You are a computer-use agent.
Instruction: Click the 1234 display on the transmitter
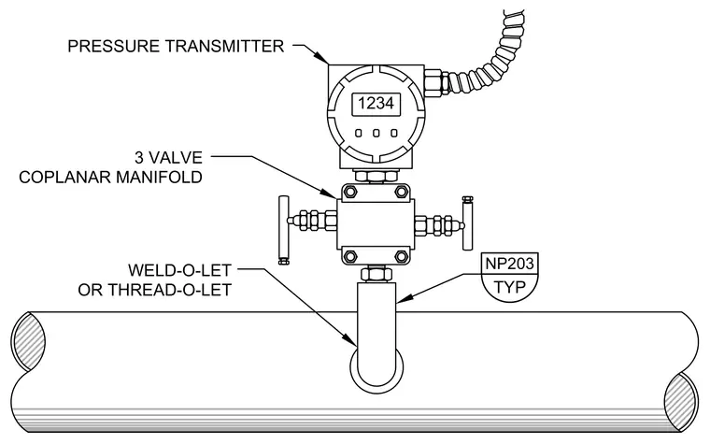click(x=376, y=104)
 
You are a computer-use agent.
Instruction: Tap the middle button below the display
click(x=376, y=133)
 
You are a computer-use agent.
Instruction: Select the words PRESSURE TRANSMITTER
click(x=176, y=46)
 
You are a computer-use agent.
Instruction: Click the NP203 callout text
click(x=509, y=264)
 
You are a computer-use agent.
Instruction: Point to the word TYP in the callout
click(x=509, y=287)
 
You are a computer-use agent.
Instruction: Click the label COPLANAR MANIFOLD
click(x=110, y=178)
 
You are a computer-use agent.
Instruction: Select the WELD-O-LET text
click(x=179, y=270)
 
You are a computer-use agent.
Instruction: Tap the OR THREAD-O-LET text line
click(x=155, y=290)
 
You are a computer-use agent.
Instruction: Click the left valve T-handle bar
click(x=283, y=230)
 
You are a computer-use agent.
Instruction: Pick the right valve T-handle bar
click(x=467, y=222)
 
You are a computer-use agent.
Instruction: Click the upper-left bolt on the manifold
click(x=350, y=192)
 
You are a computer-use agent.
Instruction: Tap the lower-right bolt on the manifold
click(x=402, y=257)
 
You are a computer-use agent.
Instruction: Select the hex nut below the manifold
click(x=376, y=274)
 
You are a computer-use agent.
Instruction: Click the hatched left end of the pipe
click(x=28, y=340)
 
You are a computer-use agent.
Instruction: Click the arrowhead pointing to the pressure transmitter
click(x=322, y=58)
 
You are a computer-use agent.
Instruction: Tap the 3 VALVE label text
click(x=168, y=158)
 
